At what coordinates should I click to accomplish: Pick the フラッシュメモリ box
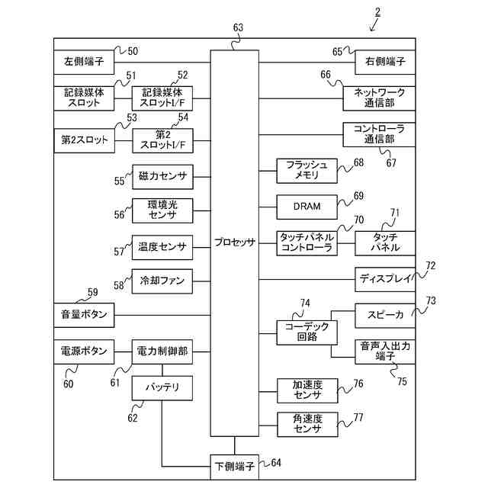pos(307,170)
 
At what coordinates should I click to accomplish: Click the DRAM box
pos(307,206)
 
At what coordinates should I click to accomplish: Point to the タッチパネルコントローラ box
pos(307,242)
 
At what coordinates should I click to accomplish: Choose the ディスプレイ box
pos(385,278)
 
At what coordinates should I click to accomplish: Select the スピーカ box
pos(385,314)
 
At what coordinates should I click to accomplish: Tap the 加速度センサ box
pos(307,389)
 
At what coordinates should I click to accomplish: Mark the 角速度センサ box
pos(307,423)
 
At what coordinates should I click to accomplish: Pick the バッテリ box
pos(162,387)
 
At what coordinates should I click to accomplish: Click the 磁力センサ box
pos(162,177)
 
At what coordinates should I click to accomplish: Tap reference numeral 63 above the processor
pos(238,28)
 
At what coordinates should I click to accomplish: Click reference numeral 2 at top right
pos(378,11)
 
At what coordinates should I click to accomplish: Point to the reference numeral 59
pos(92,292)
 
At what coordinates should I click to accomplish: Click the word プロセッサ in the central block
pos(235,242)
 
